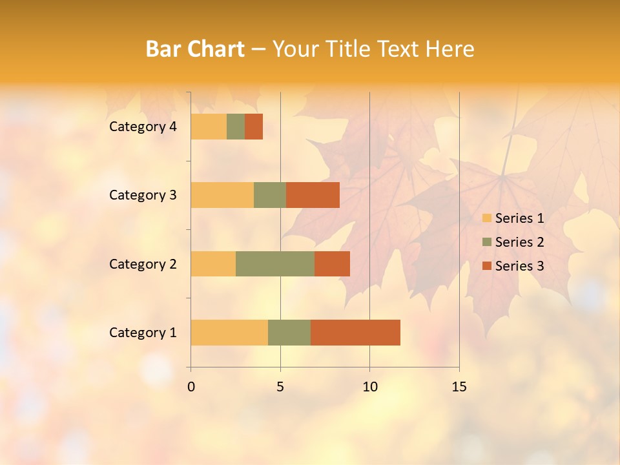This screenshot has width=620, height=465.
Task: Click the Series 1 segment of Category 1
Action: (229, 333)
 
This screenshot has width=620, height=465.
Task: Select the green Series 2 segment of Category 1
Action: (289, 333)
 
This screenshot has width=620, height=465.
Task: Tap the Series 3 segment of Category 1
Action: (355, 333)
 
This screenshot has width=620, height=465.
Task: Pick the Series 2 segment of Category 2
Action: (275, 263)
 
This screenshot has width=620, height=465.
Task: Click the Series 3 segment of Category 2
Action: (332, 263)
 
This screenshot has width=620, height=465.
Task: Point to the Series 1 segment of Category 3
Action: (222, 195)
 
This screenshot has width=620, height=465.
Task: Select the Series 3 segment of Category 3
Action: (313, 195)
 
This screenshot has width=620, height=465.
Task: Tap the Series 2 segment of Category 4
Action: (236, 127)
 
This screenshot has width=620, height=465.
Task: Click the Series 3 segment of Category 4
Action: (254, 127)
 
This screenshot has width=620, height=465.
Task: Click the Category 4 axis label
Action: (143, 127)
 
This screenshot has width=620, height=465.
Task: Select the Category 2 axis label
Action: (143, 263)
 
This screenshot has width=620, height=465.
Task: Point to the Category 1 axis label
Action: (143, 333)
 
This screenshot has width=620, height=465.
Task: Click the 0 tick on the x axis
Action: (191, 387)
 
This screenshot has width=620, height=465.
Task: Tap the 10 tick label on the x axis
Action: (369, 387)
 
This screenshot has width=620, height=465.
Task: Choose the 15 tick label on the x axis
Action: (459, 387)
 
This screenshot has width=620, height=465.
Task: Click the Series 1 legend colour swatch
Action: (486, 218)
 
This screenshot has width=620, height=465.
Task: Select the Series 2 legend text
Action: (519, 242)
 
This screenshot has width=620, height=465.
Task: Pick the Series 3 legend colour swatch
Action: (486, 266)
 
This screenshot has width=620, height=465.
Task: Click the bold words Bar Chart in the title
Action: (195, 49)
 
